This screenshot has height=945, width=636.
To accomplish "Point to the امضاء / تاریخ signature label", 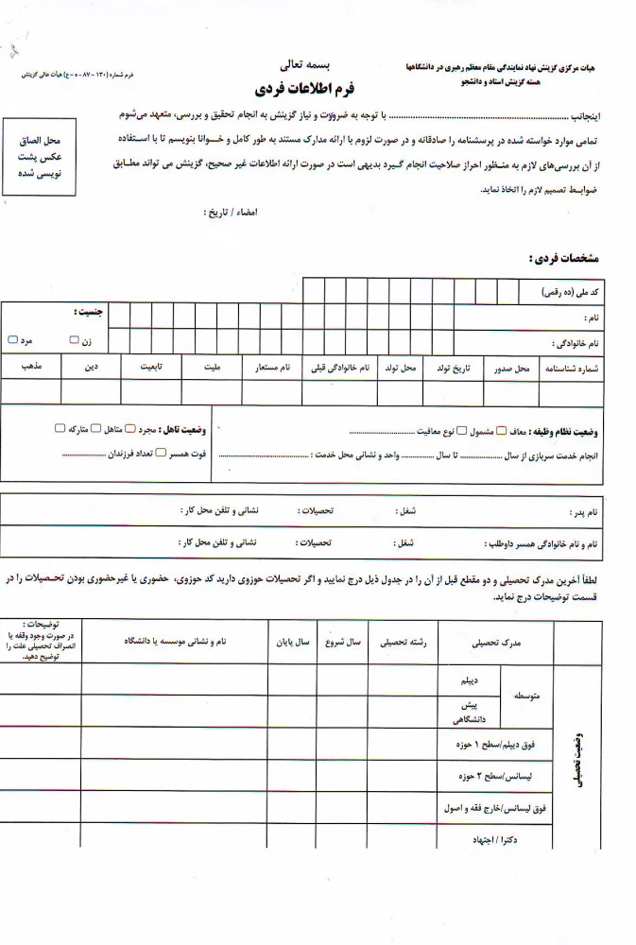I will point(230,212).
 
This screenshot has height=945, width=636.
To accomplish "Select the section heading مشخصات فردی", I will point(564,258).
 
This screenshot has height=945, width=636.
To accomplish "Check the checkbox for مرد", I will point(12,339).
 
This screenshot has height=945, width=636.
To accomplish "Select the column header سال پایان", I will point(291,643).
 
